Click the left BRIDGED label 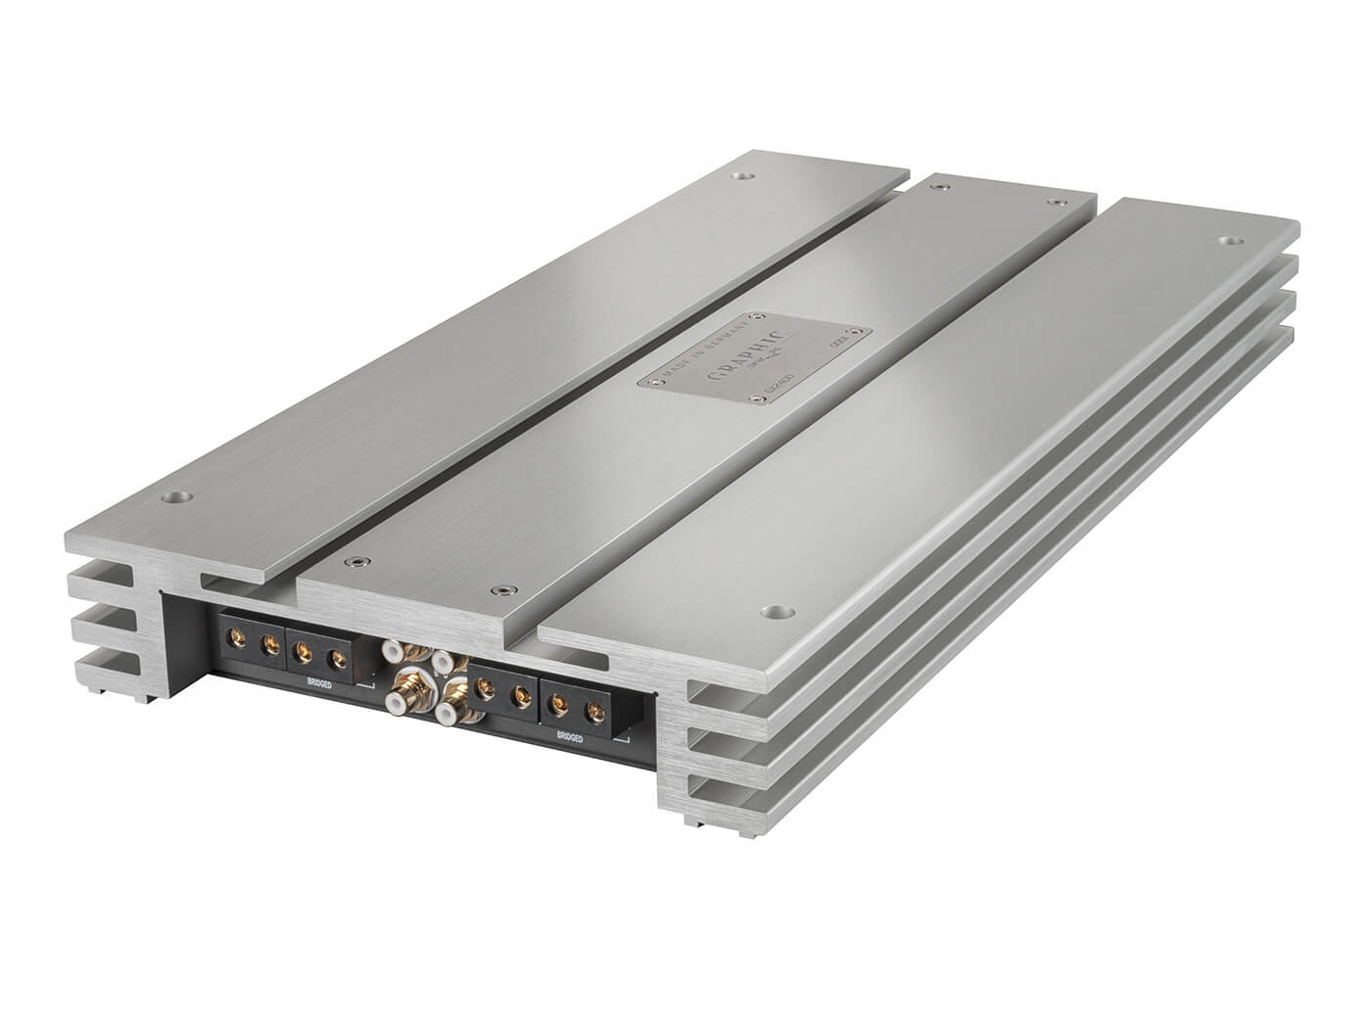tap(318, 684)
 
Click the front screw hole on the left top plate tap(176, 496)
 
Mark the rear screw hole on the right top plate tap(1228, 238)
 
